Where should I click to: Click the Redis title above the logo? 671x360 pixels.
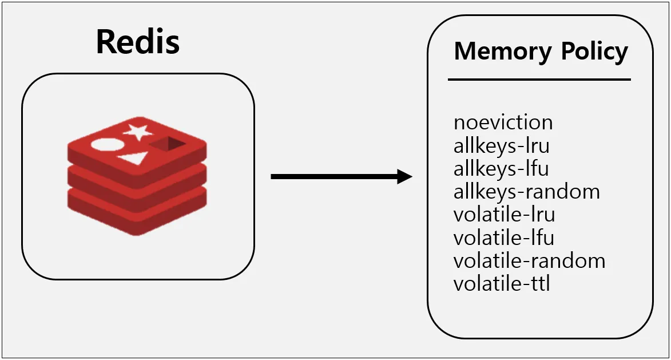(138, 42)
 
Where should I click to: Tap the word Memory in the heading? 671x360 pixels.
(503, 52)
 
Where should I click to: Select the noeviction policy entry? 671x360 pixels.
(503, 122)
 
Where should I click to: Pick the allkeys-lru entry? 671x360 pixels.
(502, 145)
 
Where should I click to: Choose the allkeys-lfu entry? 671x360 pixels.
(501, 169)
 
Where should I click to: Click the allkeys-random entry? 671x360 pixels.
(527, 191)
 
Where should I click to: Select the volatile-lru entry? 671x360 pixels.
(504, 215)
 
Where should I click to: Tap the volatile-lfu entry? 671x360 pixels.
(503, 238)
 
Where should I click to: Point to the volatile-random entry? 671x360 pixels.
(529, 260)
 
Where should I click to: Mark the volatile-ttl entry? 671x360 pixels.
(502, 284)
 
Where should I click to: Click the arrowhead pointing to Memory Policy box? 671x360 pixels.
(404, 176)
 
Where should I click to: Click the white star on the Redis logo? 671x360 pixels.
(138, 132)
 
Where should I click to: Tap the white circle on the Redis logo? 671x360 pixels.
(108, 145)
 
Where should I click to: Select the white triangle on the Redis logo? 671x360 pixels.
(132, 159)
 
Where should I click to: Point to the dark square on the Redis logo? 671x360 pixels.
(168, 144)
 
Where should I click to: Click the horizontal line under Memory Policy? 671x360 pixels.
(539, 80)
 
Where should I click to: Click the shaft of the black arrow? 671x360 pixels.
(334, 176)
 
